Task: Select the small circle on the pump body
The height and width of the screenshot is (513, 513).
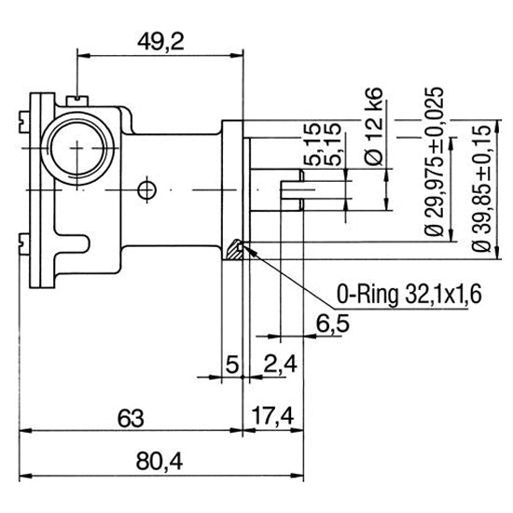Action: coord(144,190)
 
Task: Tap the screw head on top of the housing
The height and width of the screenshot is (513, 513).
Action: coord(77,96)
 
